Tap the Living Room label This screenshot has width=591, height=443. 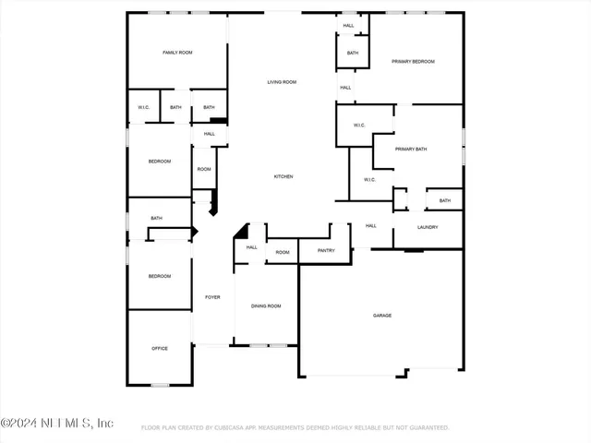coord(282,82)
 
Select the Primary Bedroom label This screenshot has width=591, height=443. coord(413,61)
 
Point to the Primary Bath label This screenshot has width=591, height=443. coord(411,149)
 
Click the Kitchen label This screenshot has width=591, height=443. coord(283,176)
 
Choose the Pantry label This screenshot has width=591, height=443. coord(326,251)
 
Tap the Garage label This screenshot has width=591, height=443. coord(382,316)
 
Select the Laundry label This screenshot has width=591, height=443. coord(428,227)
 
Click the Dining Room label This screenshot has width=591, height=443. coord(266,305)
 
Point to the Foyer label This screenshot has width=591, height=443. coord(212,297)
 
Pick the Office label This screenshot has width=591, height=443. coord(160,348)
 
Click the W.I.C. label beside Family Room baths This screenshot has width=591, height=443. coord(144,107)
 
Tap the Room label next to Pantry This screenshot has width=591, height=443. coord(283,252)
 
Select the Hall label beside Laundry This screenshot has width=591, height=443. coord(370,225)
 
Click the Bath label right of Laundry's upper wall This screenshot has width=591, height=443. coord(445,200)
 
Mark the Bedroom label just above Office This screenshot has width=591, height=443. coord(160,276)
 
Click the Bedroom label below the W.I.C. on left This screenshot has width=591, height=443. coord(160,162)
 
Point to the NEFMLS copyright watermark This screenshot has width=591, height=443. coord(57,423)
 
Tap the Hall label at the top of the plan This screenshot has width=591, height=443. coord(348,25)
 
